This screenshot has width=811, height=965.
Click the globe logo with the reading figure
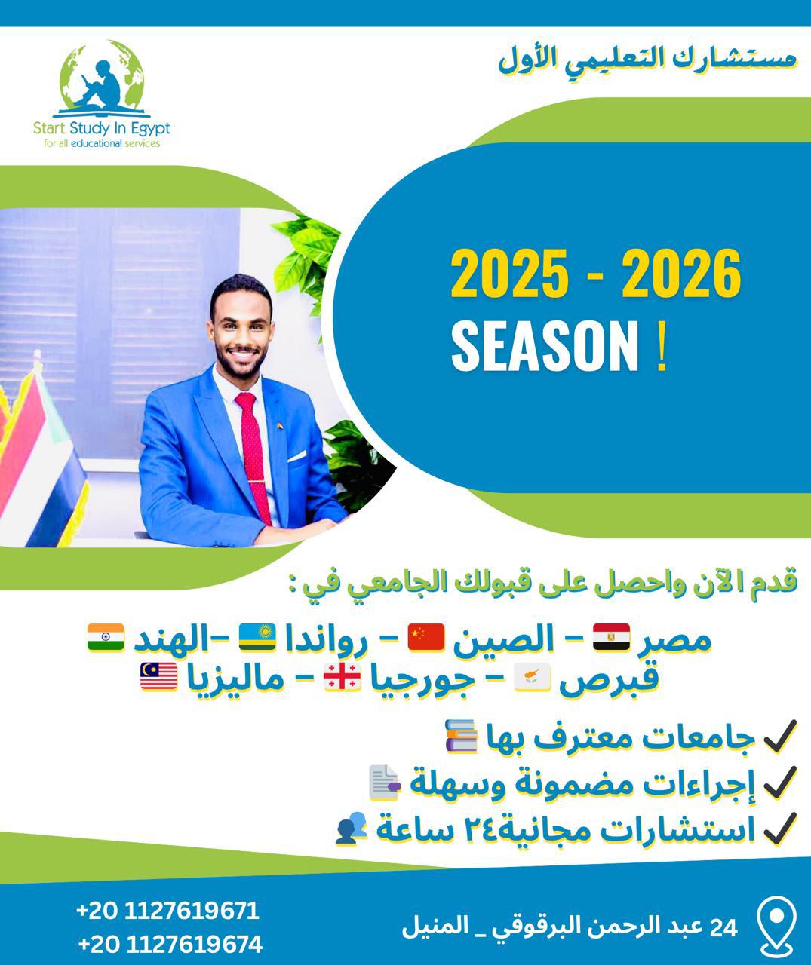click(x=102, y=78)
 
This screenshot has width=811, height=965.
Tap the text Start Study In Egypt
click(x=102, y=128)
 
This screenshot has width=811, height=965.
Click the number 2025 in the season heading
click(x=510, y=274)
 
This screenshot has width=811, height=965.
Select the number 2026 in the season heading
click(x=681, y=274)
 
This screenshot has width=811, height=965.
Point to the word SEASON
click(x=545, y=347)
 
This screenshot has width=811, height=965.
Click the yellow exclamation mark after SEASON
click(x=662, y=347)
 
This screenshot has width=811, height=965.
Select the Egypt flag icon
click(x=611, y=637)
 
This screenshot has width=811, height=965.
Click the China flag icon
click(x=425, y=637)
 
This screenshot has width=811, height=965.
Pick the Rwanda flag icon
click(x=257, y=637)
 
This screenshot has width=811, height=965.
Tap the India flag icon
click(x=106, y=637)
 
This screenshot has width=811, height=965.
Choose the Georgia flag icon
click(x=342, y=677)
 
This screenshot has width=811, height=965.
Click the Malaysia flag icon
click(x=158, y=677)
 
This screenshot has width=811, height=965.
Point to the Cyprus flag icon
click(x=533, y=677)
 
